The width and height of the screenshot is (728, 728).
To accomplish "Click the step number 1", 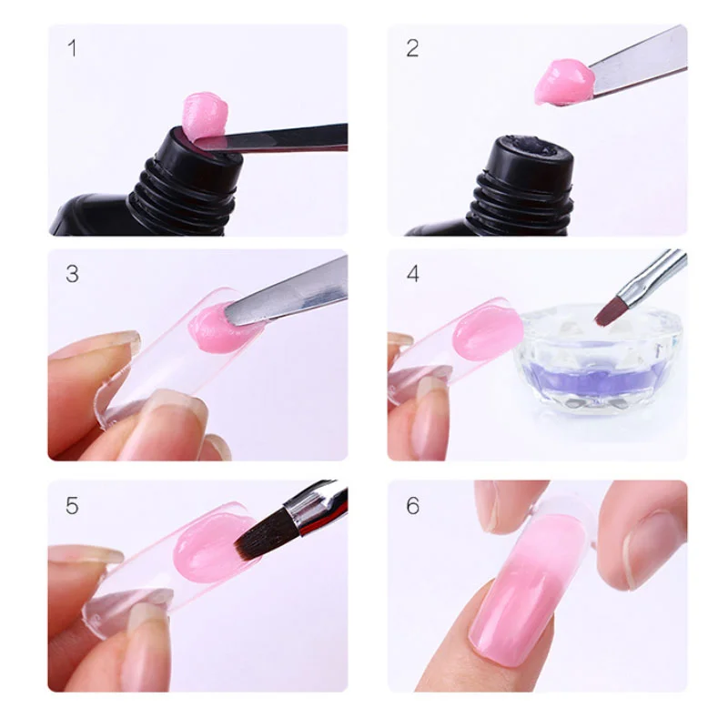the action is tap(72, 49).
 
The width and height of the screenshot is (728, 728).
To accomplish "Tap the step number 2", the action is tap(412, 49).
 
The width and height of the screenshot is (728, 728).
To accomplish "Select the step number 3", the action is tap(72, 274).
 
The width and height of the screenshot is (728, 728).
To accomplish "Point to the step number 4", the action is tap(413, 274).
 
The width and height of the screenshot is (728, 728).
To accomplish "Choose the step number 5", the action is tap(72, 506).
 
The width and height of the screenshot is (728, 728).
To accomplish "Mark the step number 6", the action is tap(413, 506).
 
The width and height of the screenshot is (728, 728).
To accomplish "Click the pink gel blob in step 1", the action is tap(206, 116).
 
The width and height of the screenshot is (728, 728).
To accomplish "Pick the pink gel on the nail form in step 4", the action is tap(488, 333).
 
